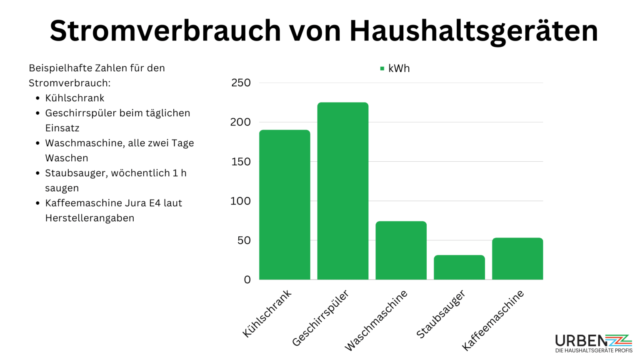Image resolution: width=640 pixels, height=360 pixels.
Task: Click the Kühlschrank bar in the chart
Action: [x=285, y=205]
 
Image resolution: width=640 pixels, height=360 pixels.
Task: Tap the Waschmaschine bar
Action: [x=401, y=250]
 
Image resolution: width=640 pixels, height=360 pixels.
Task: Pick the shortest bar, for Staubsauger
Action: [x=459, y=267]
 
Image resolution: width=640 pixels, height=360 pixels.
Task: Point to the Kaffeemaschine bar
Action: [x=517, y=259]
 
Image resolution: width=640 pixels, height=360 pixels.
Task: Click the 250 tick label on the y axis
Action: [x=241, y=82]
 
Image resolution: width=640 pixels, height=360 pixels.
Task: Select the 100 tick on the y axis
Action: [x=241, y=201]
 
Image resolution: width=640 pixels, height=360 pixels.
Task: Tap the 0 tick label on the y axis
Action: [x=247, y=280]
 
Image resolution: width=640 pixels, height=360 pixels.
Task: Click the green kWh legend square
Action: [x=382, y=68]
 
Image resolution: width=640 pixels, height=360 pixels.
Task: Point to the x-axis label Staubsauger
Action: [x=441, y=314]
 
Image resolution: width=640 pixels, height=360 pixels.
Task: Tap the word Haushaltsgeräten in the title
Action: [x=473, y=30]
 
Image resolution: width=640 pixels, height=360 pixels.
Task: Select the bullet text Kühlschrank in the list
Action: [x=75, y=98]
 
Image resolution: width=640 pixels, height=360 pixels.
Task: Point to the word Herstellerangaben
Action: [x=90, y=218]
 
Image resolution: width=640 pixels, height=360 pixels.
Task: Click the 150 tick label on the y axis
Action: [x=241, y=162]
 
